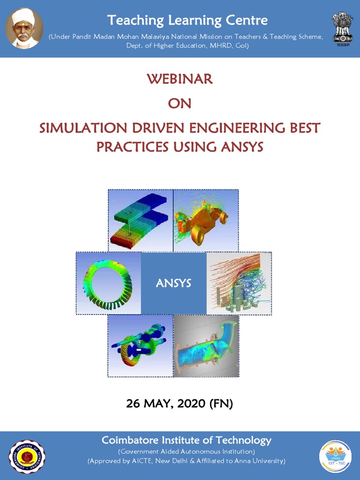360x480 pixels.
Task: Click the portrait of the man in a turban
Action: [24, 28]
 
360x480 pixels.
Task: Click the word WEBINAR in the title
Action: [180, 79]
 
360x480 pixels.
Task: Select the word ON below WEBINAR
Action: [180, 103]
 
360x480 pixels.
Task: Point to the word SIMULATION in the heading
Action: [82, 127]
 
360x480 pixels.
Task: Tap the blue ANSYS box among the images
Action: [173, 283]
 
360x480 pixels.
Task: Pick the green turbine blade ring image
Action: [108, 283]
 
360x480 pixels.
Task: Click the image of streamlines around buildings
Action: [239, 283]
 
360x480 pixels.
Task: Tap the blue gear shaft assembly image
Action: [141, 345]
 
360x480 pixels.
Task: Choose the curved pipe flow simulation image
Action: [206, 345]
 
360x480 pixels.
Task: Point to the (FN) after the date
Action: [221, 403]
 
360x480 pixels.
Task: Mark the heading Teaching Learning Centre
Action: [187, 20]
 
